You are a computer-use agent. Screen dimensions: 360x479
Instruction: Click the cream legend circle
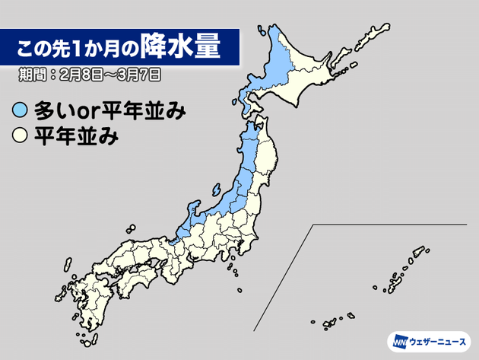pos(21,138)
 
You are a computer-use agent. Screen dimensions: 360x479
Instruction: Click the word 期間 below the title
pos(33,76)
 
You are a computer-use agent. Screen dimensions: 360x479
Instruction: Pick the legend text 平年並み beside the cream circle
pos(71,138)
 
